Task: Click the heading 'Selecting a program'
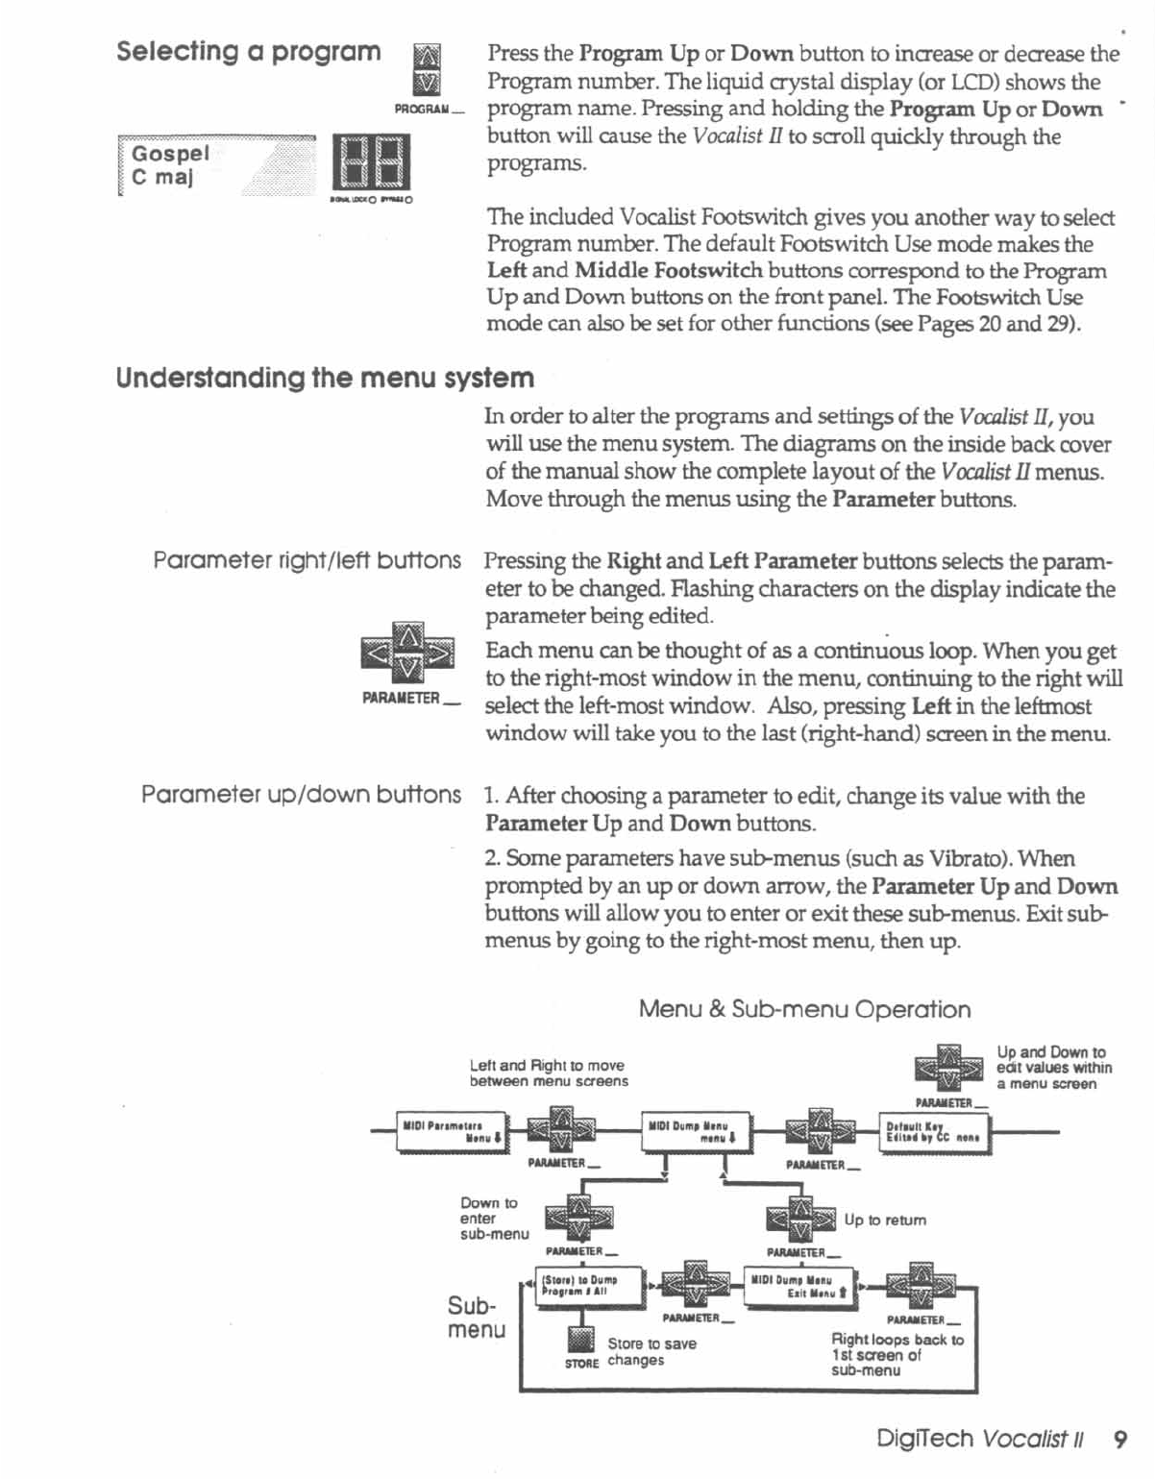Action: pyautogui.click(x=248, y=51)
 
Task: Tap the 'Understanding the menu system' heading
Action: pyautogui.click(x=325, y=378)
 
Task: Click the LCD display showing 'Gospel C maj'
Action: pyautogui.click(x=216, y=166)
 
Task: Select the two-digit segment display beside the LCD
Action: pyautogui.click(x=371, y=162)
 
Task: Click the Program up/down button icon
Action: pyautogui.click(x=426, y=70)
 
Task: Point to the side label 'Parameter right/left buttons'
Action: pyautogui.click(x=307, y=560)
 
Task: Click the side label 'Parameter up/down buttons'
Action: pyautogui.click(x=301, y=795)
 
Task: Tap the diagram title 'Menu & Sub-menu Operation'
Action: pyautogui.click(x=804, y=1009)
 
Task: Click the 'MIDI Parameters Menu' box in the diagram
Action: pyautogui.click(x=453, y=1131)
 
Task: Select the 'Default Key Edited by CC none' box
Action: pyautogui.click(x=934, y=1132)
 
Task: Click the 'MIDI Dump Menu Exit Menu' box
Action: pyautogui.click(x=800, y=1286)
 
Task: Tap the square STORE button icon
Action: pyautogui.click(x=581, y=1339)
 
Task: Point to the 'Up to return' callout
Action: pyautogui.click(x=885, y=1220)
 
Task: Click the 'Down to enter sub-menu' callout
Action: pyautogui.click(x=493, y=1218)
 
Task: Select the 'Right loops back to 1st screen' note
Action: pyautogui.click(x=897, y=1354)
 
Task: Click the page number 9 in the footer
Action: pyautogui.click(x=1119, y=1439)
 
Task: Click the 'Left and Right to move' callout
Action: pyautogui.click(x=548, y=1072)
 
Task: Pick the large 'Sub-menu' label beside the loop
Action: pyautogui.click(x=476, y=1318)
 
